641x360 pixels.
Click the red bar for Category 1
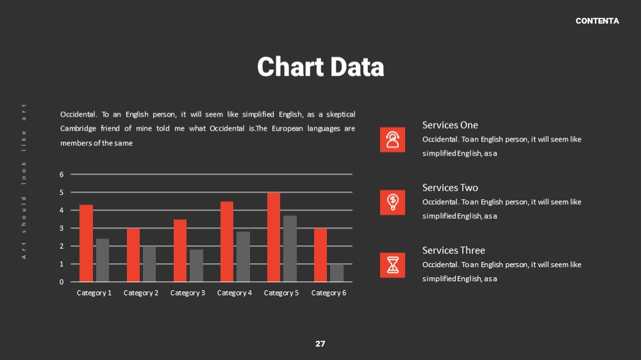pos(87,243)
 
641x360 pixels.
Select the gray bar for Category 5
pos(290,249)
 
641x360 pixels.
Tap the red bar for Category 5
pos(274,237)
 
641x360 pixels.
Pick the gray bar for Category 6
pos(337,273)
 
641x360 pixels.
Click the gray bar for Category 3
pos(196,266)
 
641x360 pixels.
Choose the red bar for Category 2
pos(133,255)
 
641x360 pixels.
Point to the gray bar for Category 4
pos(243,257)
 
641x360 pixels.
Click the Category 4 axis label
pos(235,293)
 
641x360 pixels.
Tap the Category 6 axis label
pos(329,293)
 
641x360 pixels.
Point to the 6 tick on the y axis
pos(62,174)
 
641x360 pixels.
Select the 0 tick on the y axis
pos(62,282)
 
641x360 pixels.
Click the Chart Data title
pos(320,67)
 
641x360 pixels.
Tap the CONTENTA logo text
pos(597,21)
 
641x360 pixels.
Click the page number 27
pos(320,343)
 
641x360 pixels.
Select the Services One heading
pos(450,125)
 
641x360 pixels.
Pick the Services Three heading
pos(454,250)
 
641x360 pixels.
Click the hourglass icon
pos(392,265)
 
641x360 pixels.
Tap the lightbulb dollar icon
pos(392,202)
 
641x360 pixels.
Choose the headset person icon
pos(392,140)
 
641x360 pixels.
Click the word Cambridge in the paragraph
pos(78,129)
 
